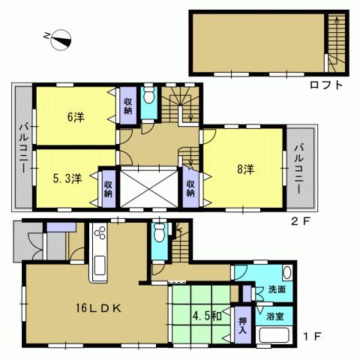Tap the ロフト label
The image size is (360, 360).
point(326,85)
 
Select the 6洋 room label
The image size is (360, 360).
point(74,117)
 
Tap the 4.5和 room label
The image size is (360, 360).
point(205,316)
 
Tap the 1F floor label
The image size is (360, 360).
point(313,334)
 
